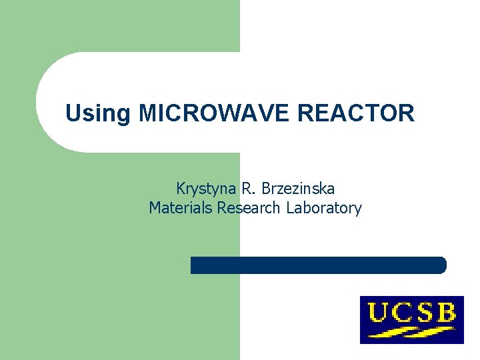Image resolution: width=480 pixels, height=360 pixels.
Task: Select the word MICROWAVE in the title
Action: tap(215, 113)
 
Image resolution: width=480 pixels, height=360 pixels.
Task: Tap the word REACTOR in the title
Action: tap(356, 113)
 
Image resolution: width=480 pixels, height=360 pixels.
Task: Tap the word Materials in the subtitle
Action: tap(181, 208)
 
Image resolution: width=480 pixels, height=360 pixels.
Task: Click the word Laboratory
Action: tap(324, 208)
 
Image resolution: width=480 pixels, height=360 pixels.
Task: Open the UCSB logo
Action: tap(412, 320)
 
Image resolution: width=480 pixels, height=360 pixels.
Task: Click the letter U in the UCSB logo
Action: tap(378, 312)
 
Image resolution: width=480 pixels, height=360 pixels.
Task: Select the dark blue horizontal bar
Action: tap(318, 265)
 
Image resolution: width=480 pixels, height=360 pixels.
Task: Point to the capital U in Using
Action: tap(72, 113)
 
